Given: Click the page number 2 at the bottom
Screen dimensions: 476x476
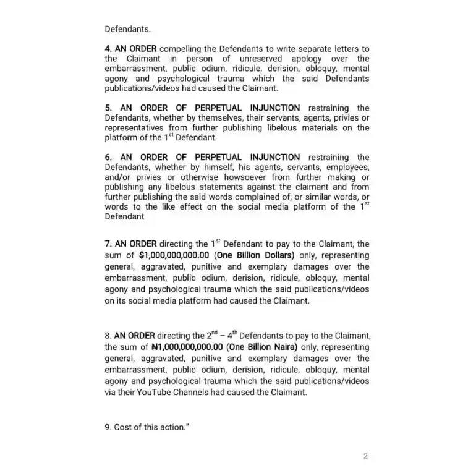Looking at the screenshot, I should pyautogui.click(x=365, y=457).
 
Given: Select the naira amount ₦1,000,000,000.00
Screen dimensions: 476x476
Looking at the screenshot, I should pyautogui.click(x=186, y=347).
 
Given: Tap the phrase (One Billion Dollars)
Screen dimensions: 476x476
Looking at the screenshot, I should pyautogui.click(x=255, y=255).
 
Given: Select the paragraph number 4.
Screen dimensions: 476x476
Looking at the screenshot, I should pyautogui.click(x=108, y=49).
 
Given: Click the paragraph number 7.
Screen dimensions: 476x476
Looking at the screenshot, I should pyautogui.click(x=108, y=244).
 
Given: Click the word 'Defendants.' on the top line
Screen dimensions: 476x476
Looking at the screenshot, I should pyautogui.click(x=127, y=29).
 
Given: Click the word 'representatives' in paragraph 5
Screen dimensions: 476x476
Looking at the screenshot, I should pyautogui.click(x=135, y=128).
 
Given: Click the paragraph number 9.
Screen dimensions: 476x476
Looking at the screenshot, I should pyautogui.click(x=108, y=428).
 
